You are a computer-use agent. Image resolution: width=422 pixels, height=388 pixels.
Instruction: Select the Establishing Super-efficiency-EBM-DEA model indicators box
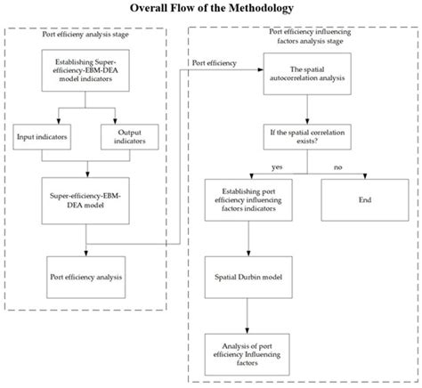pos(86,70)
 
